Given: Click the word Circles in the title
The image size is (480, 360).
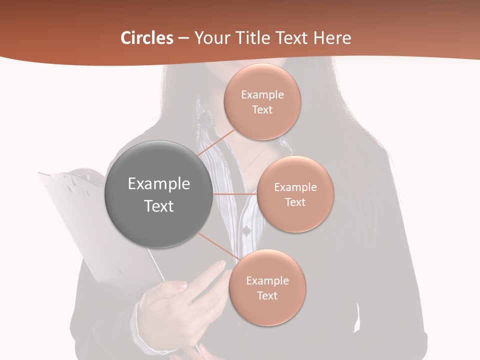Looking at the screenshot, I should tap(146, 38).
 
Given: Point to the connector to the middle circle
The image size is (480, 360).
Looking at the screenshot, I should tap(235, 193).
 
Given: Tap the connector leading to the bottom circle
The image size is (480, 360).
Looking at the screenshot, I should tap(219, 248).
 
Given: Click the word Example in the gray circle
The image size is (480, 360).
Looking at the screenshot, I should tap(159, 184).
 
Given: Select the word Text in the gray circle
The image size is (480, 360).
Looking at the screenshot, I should tap(159, 206).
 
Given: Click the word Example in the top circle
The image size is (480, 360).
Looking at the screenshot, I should tap(262, 94).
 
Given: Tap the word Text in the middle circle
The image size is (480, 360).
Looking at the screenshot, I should tap(295, 202).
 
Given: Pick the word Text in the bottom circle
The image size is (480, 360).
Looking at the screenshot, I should tap(267, 295).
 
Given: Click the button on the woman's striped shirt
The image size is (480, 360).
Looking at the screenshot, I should tap(246, 230).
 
